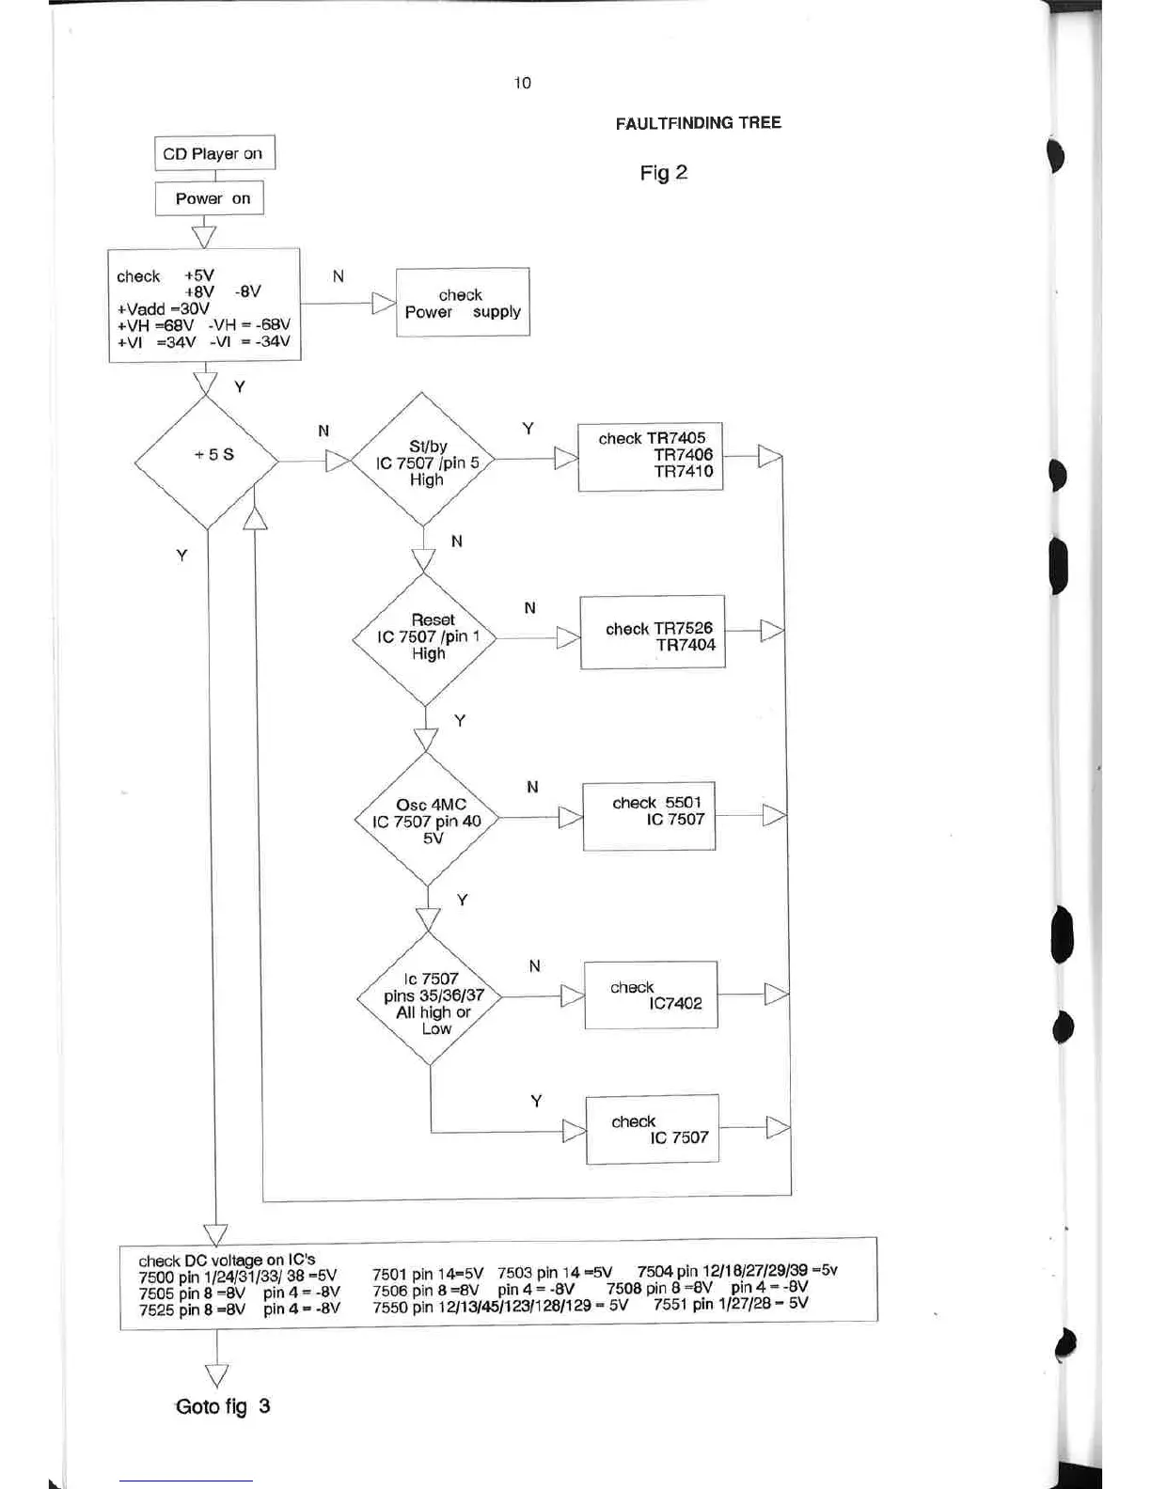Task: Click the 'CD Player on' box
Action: coord(214,153)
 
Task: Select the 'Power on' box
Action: coord(209,198)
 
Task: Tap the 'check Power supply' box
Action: coord(463,303)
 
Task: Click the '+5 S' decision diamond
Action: coord(207,461)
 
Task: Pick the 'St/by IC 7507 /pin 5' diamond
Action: coord(422,460)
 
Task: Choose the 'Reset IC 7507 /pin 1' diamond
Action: coord(425,637)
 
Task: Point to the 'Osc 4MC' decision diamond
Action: coord(427,820)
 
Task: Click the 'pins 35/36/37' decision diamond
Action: coord(430,999)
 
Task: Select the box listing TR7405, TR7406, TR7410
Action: coord(651,456)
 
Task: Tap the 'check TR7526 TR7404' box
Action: coord(653,633)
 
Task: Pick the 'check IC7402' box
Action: coord(651,995)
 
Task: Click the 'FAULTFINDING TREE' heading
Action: coord(698,123)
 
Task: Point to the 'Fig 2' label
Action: coord(663,173)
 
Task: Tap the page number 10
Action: coord(522,83)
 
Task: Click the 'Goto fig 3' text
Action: coord(223,1406)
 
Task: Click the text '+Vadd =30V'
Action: coord(163,308)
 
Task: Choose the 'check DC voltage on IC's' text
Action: coord(227,1260)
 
